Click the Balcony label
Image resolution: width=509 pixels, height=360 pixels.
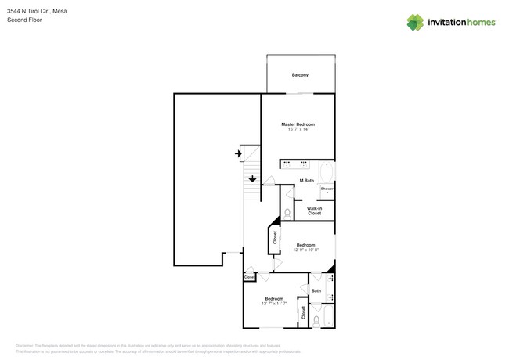point(300,75)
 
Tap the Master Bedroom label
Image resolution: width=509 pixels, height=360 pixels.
point(298,124)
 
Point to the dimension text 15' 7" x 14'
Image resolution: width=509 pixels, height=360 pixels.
point(298,130)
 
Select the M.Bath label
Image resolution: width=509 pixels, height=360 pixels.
point(307,182)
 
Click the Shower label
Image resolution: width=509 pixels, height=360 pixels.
point(327,189)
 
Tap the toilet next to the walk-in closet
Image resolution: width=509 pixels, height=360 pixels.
point(287,212)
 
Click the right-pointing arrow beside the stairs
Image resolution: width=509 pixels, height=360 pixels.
point(238,154)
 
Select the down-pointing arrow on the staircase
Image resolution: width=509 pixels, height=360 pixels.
point(251,178)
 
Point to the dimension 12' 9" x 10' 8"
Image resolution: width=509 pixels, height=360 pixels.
point(305,250)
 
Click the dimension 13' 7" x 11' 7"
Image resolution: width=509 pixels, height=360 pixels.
point(274,304)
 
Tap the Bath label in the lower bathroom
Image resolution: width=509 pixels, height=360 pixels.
point(316,291)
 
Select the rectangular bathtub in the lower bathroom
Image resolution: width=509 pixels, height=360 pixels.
point(328,316)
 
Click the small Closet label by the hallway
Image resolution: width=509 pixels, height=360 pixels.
point(249,277)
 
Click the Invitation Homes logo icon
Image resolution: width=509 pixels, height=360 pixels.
point(415,22)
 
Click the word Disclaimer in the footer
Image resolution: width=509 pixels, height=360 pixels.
point(27,345)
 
